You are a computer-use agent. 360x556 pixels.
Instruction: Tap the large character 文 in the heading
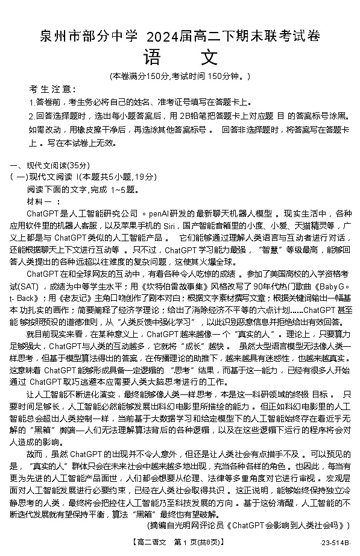pyautogui.click(x=207, y=57)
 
